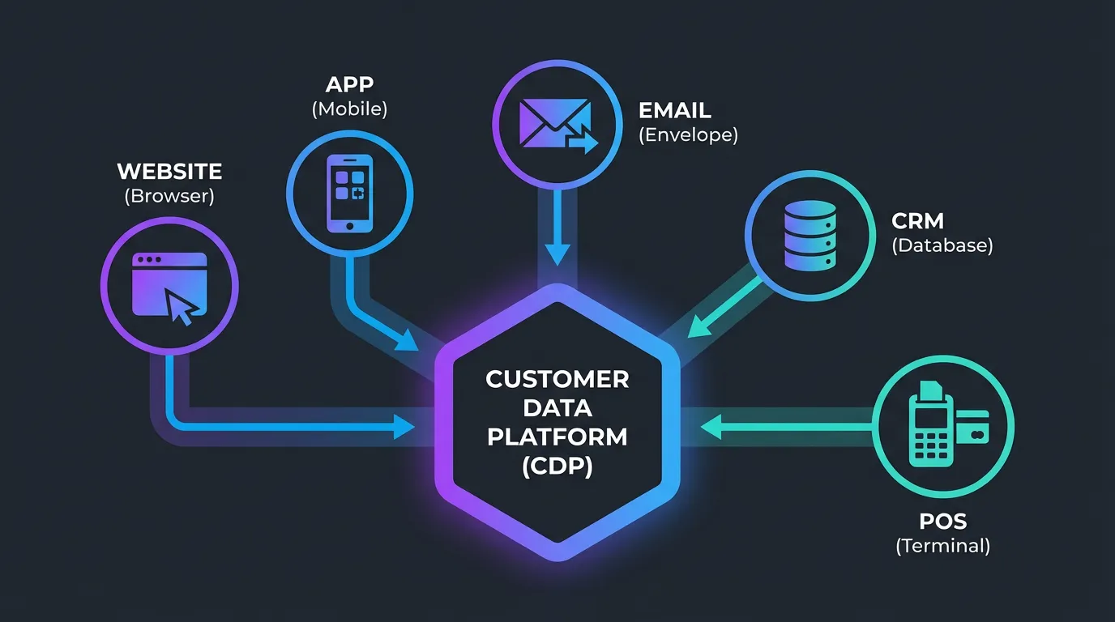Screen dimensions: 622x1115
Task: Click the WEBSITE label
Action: point(169,172)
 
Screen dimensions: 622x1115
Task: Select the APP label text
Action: point(349,85)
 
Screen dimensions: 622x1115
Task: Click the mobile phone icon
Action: point(349,193)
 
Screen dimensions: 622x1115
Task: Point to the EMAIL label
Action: point(675,110)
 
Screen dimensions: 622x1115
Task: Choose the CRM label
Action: point(917,220)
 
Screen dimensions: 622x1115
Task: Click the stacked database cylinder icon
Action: point(810,235)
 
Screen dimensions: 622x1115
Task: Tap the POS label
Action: point(942,520)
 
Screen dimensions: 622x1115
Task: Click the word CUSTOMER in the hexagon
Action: point(557,379)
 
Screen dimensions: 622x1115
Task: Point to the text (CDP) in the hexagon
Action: point(557,466)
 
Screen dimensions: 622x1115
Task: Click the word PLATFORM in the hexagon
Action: point(557,437)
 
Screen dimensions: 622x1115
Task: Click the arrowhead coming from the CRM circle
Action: point(697,326)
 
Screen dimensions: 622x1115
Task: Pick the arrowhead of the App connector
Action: point(407,341)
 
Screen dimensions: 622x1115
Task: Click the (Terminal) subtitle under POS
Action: point(942,546)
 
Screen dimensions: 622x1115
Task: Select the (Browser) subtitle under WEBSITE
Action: point(169,196)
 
